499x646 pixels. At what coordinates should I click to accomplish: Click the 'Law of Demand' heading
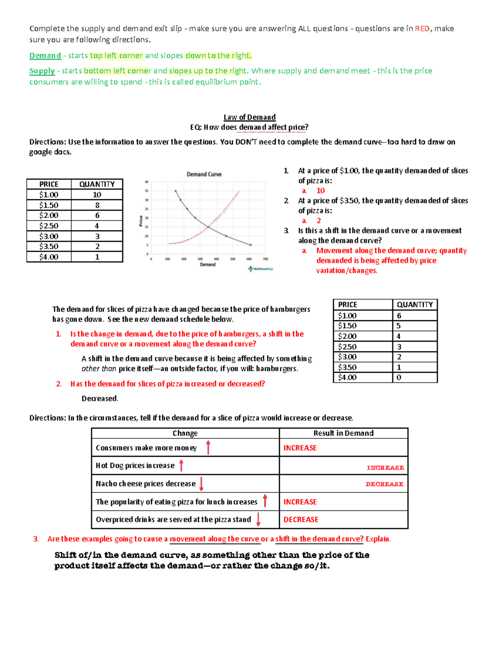tap(249, 117)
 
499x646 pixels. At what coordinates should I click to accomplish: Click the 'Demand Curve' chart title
tap(204, 174)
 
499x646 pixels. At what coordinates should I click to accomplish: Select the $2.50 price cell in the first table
tap(49, 226)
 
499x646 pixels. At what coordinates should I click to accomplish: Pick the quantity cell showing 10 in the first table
tap(97, 195)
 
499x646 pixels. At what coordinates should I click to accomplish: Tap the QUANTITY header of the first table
tap(97, 184)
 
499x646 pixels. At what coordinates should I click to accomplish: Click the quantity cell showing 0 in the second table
tap(399, 378)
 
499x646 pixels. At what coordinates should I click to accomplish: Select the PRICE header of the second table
tap(348, 304)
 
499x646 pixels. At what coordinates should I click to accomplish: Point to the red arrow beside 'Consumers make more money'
tap(208, 448)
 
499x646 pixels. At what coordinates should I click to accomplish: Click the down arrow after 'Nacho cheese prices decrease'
tap(201, 484)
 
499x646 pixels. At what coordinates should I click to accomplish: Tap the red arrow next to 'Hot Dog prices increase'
tap(181, 465)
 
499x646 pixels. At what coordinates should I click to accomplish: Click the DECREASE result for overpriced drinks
tap(301, 520)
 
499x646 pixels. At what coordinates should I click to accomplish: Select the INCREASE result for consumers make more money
tap(300, 448)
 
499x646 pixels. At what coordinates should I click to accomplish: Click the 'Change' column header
tap(185, 433)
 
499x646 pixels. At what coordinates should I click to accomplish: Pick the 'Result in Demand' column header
tap(343, 433)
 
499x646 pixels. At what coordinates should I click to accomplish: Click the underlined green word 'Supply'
tap(42, 71)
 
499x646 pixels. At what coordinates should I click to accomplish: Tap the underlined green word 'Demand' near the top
tap(45, 56)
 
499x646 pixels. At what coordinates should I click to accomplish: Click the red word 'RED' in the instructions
tap(422, 29)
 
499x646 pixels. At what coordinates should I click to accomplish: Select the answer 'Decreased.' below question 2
tap(100, 398)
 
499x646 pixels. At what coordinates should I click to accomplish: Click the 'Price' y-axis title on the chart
tap(141, 221)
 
